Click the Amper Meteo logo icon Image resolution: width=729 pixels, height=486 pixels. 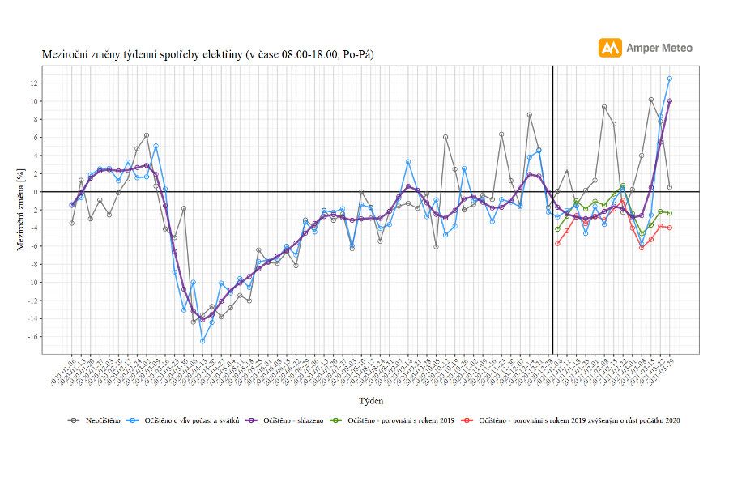610,48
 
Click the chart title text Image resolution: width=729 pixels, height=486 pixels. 207,54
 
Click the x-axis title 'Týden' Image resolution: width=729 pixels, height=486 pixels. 370,400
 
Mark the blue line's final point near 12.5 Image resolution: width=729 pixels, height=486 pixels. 670,79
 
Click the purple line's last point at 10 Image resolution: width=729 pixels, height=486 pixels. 670,101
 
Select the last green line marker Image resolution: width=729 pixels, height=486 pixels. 670,213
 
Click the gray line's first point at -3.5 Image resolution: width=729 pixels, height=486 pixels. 72,223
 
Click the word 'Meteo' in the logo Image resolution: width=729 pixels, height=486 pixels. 677,48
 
